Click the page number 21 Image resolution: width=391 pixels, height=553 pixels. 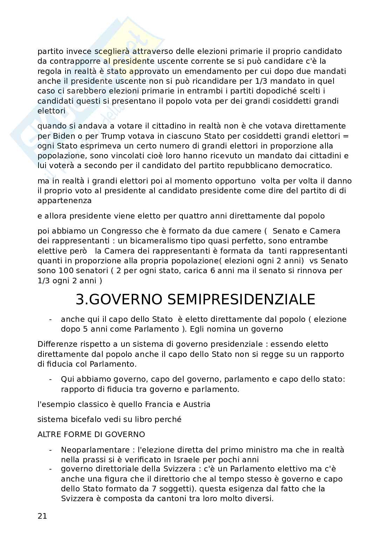(x=42, y=516)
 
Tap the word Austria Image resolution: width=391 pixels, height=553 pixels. (x=197, y=405)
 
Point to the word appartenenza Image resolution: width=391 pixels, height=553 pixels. (x=64, y=201)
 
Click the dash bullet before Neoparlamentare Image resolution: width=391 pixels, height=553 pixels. (x=51, y=450)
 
